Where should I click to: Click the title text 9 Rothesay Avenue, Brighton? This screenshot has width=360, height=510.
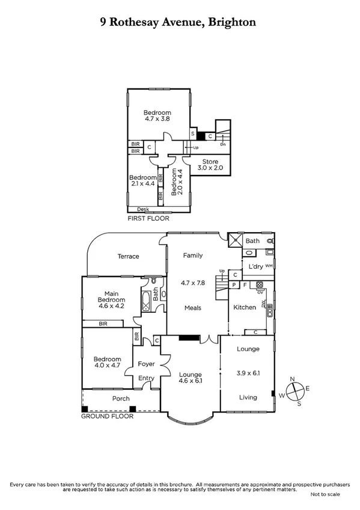pyautogui.click(x=178, y=22)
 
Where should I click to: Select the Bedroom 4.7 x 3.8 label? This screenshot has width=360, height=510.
pyautogui.click(x=157, y=116)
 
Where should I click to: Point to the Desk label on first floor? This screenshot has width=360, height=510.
pyautogui.click(x=143, y=209)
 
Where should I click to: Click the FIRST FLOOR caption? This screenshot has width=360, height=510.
pyautogui.click(x=147, y=220)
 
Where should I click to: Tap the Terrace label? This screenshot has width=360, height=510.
pyautogui.click(x=127, y=256)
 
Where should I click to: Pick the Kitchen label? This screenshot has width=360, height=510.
pyautogui.click(x=245, y=307)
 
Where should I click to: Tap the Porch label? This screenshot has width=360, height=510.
pyautogui.click(x=121, y=398)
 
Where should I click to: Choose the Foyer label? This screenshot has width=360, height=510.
pyautogui.click(x=146, y=364)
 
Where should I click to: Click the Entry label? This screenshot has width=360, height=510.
pyautogui.click(x=146, y=378)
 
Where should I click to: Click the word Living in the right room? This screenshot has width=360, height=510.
pyautogui.click(x=248, y=397)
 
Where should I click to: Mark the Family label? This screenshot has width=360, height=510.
pyautogui.click(x=193, y=255)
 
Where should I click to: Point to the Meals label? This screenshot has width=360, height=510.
pyautogui.click(x=192, y=307)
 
